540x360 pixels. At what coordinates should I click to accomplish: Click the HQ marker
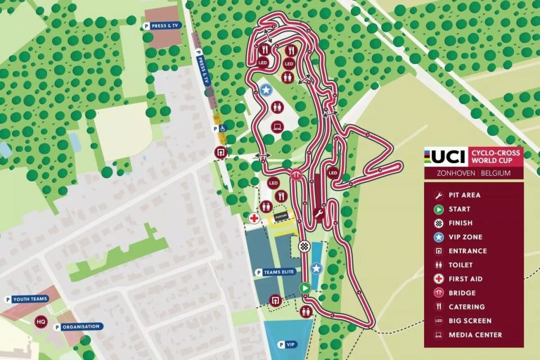[x=41, y=322]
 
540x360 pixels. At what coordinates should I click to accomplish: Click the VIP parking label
[x=288, y=345]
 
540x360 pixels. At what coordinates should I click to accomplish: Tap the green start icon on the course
[x=304, y=288]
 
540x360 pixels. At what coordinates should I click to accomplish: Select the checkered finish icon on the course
[x=304, y=246]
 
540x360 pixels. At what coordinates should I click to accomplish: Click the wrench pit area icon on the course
[x=319, y=214]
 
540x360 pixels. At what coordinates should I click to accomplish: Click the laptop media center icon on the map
[x=277, y=127]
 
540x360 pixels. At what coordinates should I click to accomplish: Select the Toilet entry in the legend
[x=461, y=265]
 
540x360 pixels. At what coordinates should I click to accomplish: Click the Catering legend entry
[x=466, y=307]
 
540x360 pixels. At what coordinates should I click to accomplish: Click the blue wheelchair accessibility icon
[x=222, y=129]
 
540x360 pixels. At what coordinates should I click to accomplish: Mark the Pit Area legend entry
[x=464, y=195]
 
